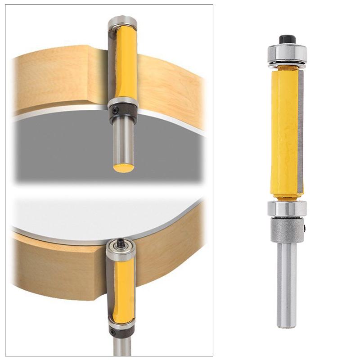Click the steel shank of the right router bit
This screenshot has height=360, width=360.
click(287, 283)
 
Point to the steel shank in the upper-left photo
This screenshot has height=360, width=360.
click(122, 139)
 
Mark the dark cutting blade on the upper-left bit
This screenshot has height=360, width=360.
click(112, 63)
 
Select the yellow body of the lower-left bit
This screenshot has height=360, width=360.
click(122, 288)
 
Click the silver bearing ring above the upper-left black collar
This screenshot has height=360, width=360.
click(121, 101)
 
